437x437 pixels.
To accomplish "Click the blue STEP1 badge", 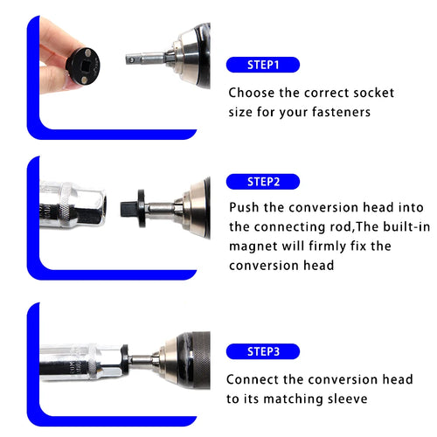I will point(262,65).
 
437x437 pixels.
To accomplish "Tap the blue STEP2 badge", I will point(262,182).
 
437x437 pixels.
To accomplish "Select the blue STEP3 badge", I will point(262,351).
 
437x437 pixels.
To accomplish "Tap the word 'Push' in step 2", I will point(246,207).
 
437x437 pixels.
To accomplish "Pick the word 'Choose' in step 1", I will point(253,92).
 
